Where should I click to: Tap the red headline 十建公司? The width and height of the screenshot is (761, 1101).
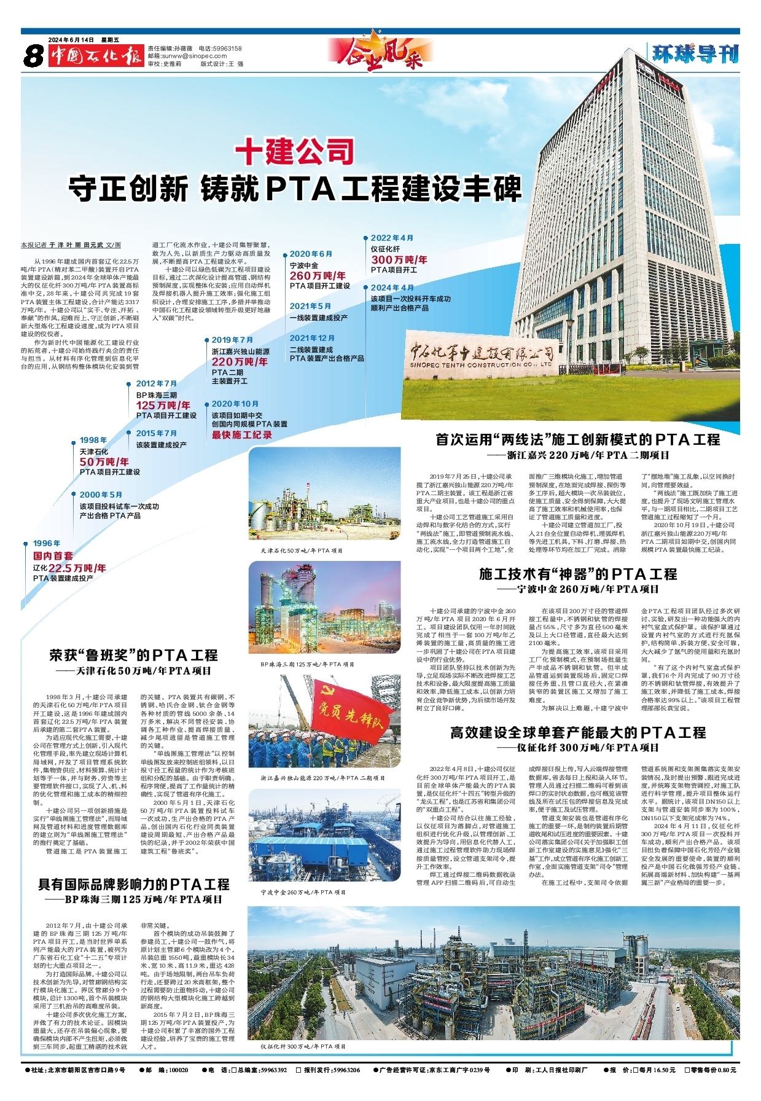click(x=295, y=151)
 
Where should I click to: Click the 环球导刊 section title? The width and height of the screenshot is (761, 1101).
click(x=695, y=54)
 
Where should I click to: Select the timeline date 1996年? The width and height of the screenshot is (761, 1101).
click(x=47, y=543)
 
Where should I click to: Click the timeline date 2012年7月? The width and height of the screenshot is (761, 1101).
click(x=156, y=383)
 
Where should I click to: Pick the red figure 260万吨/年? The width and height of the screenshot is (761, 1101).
click(x=318, y=276)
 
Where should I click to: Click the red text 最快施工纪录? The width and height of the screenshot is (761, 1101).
click(x=242, y=435)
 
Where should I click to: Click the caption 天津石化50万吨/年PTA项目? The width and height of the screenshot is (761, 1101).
click(x=302, y=550)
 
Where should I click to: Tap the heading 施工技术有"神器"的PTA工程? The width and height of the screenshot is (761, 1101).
click(x=578, y=574)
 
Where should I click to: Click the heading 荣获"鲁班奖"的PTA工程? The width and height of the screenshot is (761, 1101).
click(x=133, y=656)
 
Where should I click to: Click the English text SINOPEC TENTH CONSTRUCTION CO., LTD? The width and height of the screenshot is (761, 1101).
click(x=481, y=365)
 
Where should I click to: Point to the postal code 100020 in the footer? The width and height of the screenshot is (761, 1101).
click(x=178, y=1087)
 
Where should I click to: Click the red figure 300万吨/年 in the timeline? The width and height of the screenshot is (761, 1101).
click(x=399, y=260)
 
